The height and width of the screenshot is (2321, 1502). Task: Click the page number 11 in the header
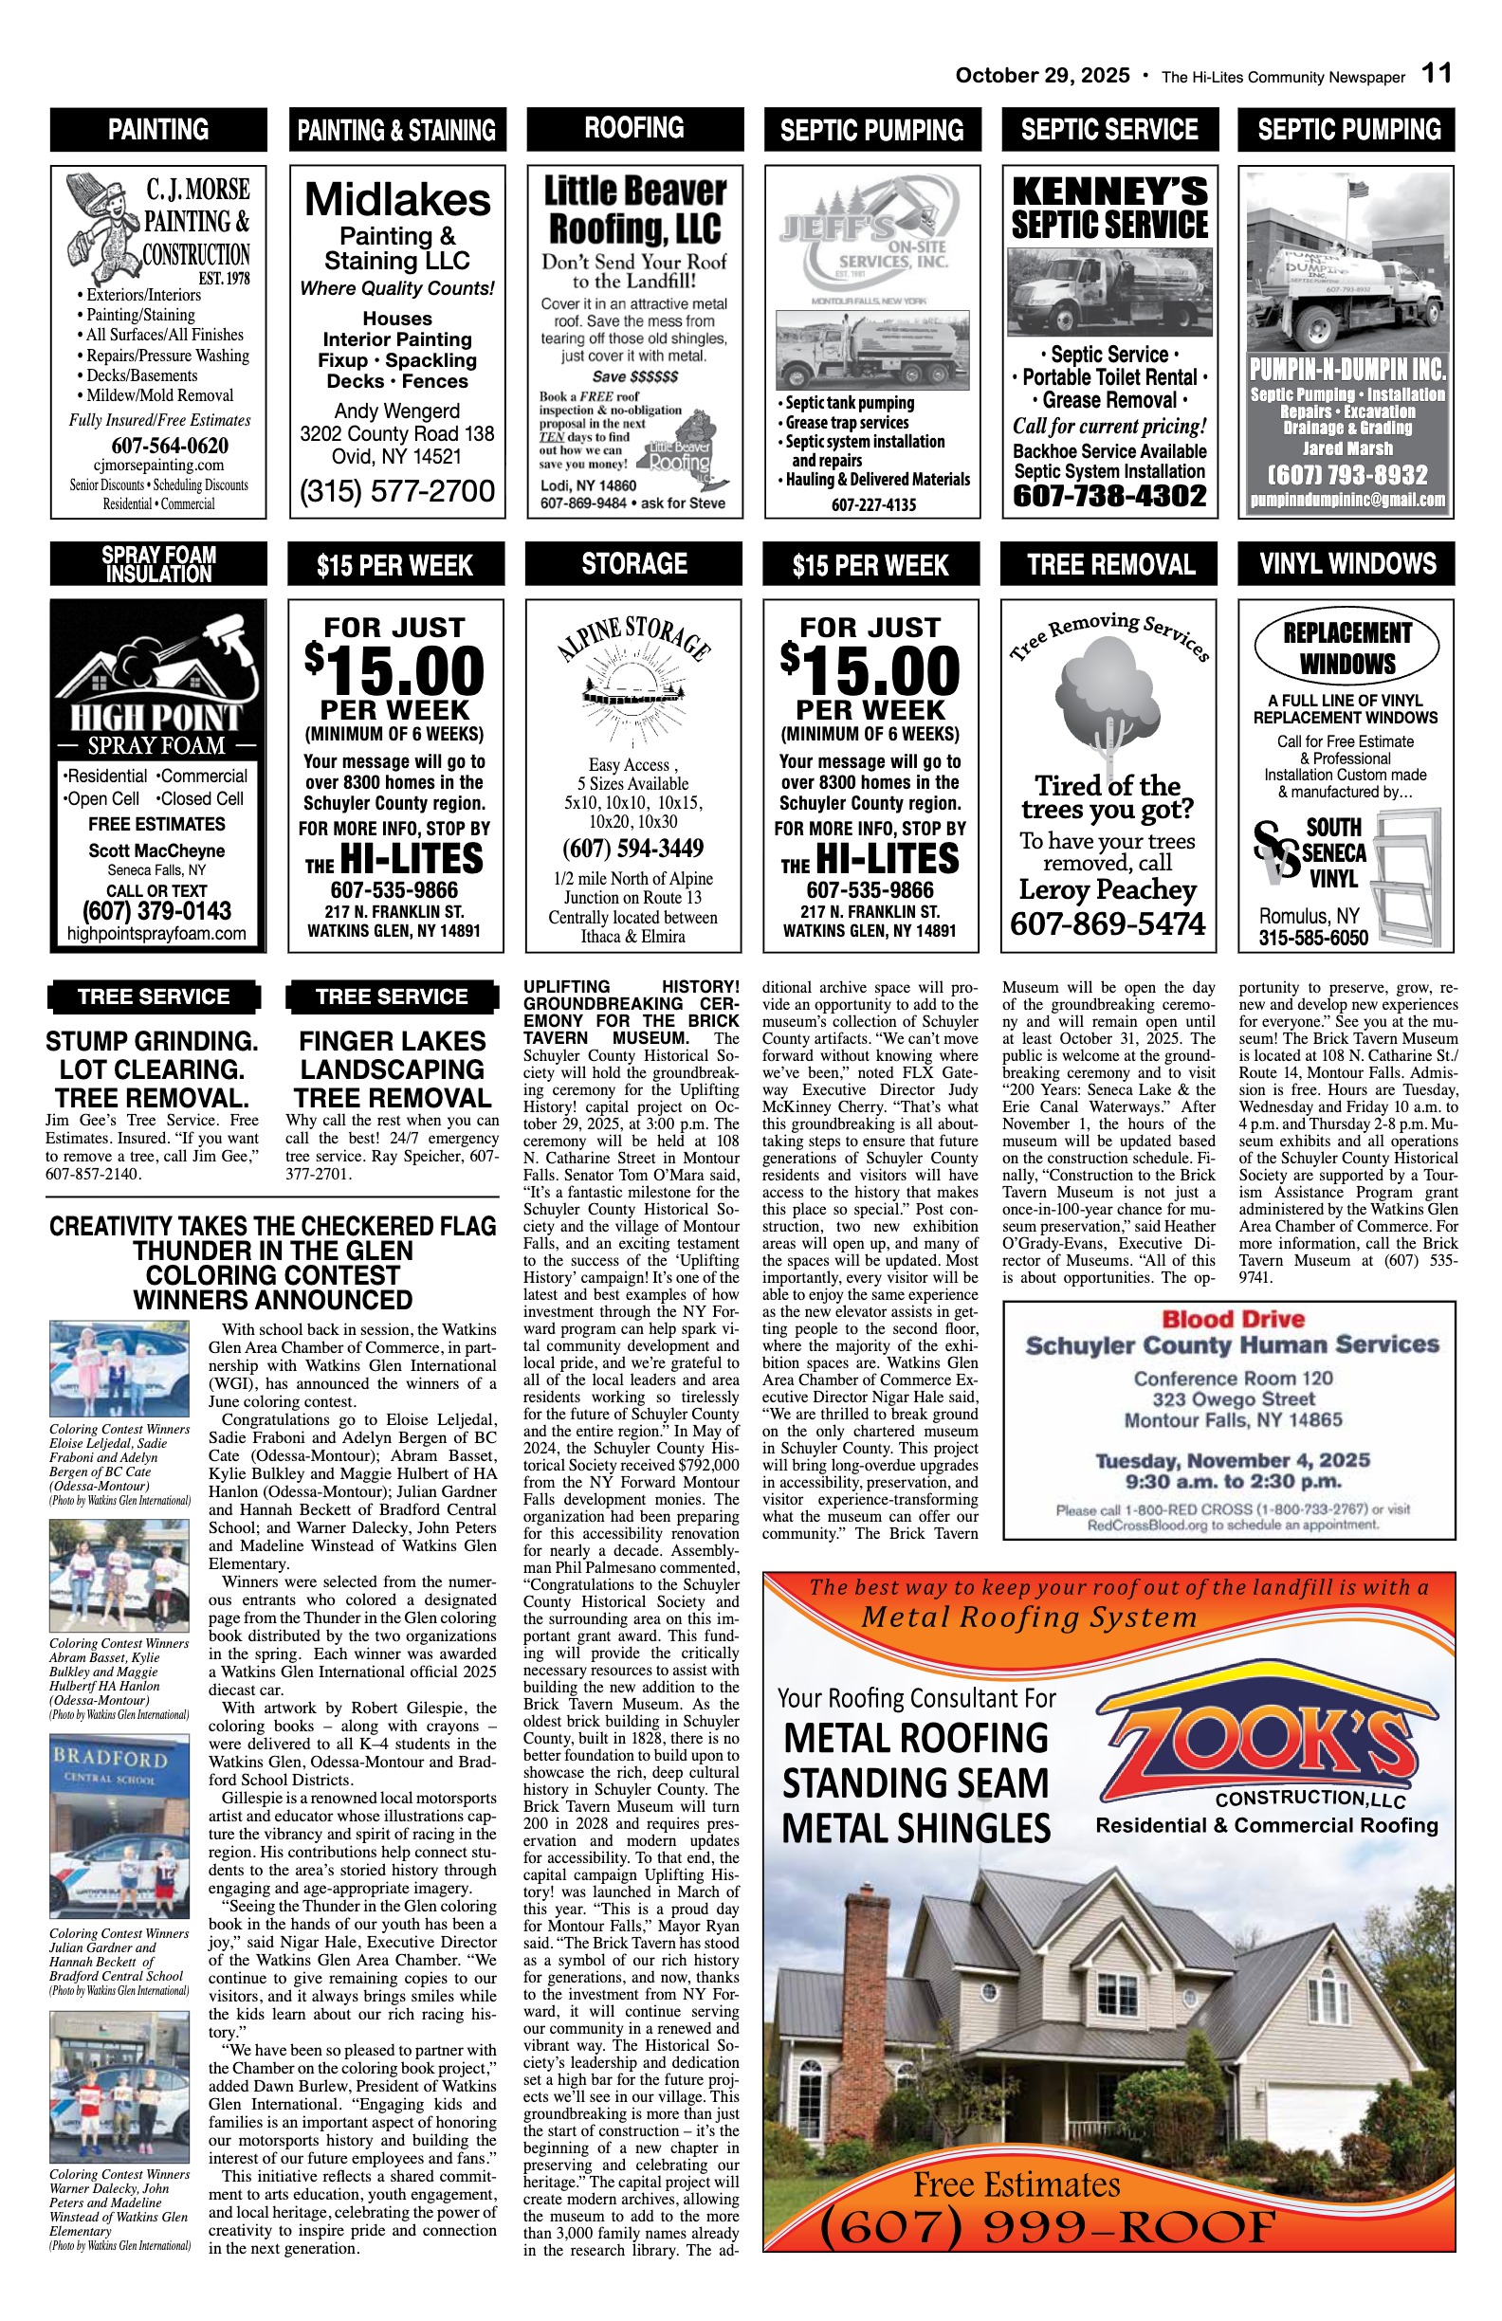(1436, 74)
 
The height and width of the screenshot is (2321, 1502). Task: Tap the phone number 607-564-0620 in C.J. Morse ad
(170, 446)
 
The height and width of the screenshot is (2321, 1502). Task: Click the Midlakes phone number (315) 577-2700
(397, 490)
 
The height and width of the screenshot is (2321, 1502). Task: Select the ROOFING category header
(634, 128)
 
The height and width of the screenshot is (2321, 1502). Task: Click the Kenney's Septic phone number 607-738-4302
(1110, 496)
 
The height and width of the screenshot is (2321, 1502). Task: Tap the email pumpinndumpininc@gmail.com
(1346, 501)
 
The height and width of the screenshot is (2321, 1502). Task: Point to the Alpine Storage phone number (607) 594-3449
(633, 848)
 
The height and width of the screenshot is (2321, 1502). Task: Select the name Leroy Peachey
(1108, 889)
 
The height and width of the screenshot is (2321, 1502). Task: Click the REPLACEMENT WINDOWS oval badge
(1346, 648)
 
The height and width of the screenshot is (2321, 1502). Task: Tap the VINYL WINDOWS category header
(1346, 564)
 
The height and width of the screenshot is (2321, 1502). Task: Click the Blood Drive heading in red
(1233, 1320)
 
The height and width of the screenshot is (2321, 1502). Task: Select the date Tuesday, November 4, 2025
(1233, 1460)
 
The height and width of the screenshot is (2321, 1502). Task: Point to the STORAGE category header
(634, 564)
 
